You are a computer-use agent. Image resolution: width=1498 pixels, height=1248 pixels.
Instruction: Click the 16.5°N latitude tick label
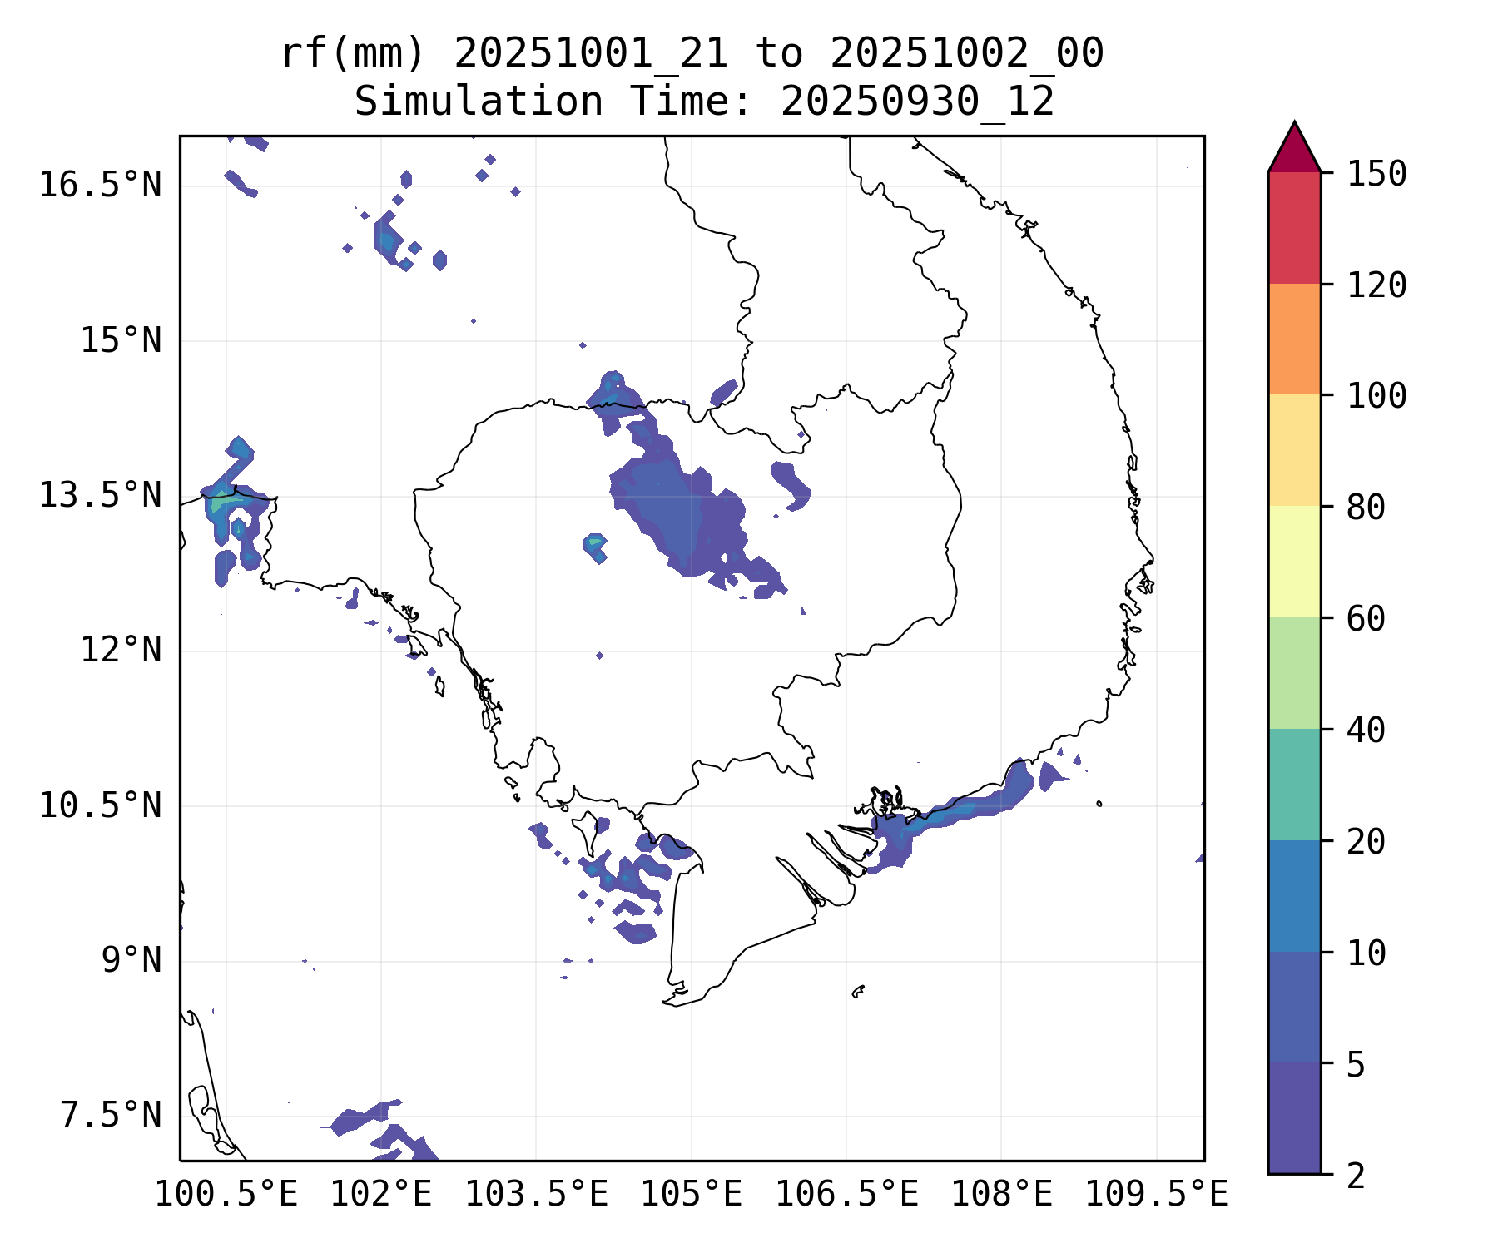click(x=100, y=185)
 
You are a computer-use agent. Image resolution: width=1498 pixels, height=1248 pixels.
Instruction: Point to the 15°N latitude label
click(x=121, y=341)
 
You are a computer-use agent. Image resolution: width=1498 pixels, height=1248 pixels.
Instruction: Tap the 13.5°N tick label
click(x=100, y=496)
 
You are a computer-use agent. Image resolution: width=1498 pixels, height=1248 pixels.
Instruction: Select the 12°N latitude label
click(x=121, y=650)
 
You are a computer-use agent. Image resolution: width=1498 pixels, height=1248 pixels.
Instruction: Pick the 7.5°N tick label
click(x=111, y=1116)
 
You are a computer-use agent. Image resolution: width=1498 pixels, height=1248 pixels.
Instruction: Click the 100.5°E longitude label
click(x=226, y=1195)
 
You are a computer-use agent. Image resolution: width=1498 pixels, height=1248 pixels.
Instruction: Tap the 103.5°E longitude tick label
click(x=536, y=1195)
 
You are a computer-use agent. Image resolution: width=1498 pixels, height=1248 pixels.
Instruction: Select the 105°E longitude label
click(x=691, y=1195)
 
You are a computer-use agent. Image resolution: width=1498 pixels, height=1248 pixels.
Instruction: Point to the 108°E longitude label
click(x=1001, y=1195)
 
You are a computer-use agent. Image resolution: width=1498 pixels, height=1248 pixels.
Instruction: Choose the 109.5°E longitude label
click(x=1156, y=1195)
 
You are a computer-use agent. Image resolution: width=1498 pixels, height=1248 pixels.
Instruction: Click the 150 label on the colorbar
click(x=1376, y=175)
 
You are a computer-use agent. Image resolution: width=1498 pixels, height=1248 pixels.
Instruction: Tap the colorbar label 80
click(x=1366, y=508)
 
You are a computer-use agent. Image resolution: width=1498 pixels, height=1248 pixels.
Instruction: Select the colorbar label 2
click(x=1356, y=1176)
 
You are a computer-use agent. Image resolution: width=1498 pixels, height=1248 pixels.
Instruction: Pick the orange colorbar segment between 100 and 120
click(x=1294, y=339)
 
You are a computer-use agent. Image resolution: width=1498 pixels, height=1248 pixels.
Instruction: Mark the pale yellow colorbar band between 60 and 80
click(x=1294, y=562)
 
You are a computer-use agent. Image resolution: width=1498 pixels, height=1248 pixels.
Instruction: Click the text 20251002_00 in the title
click(x=966, y=54)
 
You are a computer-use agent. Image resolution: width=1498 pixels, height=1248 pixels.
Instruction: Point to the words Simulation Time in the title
click(x=479, y=102)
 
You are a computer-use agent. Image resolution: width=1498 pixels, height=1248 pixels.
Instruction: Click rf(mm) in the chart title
click(x=353, y=54)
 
